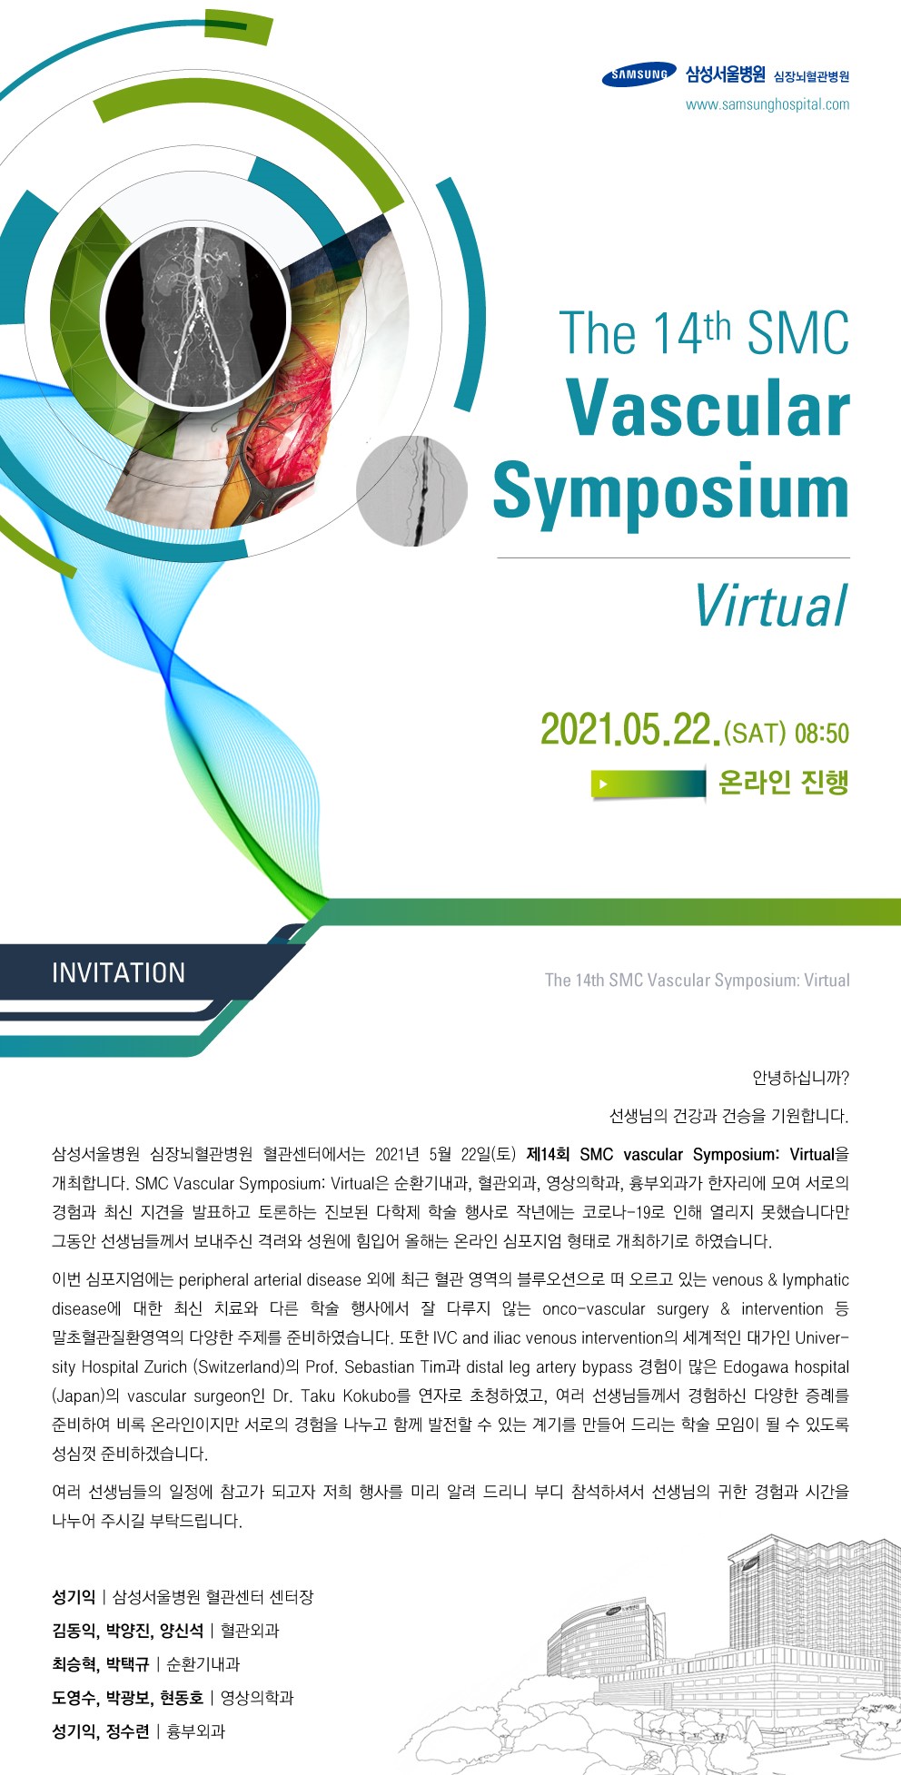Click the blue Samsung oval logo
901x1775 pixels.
pyautogui.click(x=639, y=75)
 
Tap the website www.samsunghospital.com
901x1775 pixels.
pyautogui.click(x=767, y=104)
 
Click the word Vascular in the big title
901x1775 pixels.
pyautogui.click(x=708, y=409)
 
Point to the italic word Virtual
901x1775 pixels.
pyautogui.click(x=771, y=606)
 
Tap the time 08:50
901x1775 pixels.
pyautogui.click(x=821, y=733)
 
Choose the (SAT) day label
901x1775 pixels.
pyautogui.click(x=755, y=733)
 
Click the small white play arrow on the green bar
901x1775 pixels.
pyautogui.click(x=603, y=783)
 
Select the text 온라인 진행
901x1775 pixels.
pyautogui.click(x=783, y=782)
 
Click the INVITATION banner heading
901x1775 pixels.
pyautogui.click(x=118, y=973)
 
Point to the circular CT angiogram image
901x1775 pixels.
pyautogui.click(x=196, y=316)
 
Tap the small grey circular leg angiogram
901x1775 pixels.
pyautogui.click(x=411, y=490)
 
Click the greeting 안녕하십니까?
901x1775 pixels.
pyautogui.click(x=800, y=1079)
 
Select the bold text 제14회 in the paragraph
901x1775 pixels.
pyautogui.click(x=548, y=1155)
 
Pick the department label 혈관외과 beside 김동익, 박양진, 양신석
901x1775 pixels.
pyautogui.click(x=250, y=1631)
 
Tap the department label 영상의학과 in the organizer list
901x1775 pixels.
pyautogui.click(x=257, y=1698)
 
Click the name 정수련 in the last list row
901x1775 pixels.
pyautogui.click(x=127, y=1731)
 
